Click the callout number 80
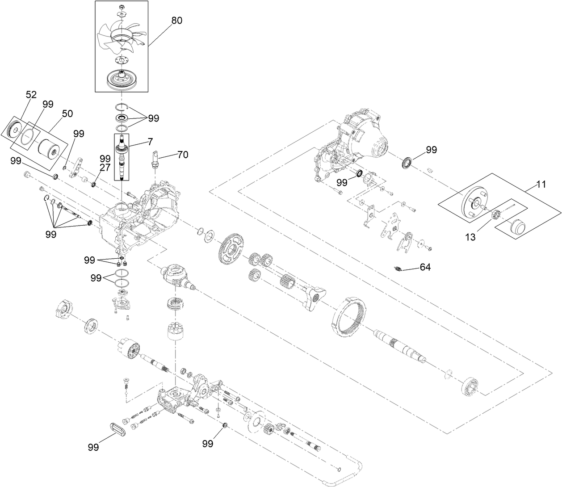pos(177,21)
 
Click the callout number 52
pos(31,95)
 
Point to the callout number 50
pos(67,114)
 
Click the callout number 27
pos(105,168)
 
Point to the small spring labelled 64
pos(399,268)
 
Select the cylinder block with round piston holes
pos(175,332)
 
